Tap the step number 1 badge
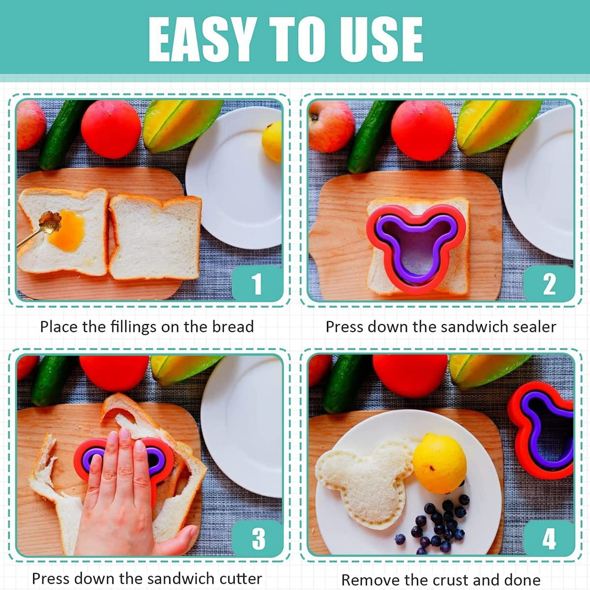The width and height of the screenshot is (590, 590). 257,283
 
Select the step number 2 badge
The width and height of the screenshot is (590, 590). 549,284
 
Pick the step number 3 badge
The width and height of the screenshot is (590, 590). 258,538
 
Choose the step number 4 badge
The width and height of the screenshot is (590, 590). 549,538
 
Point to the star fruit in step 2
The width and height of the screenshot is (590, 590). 497,125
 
